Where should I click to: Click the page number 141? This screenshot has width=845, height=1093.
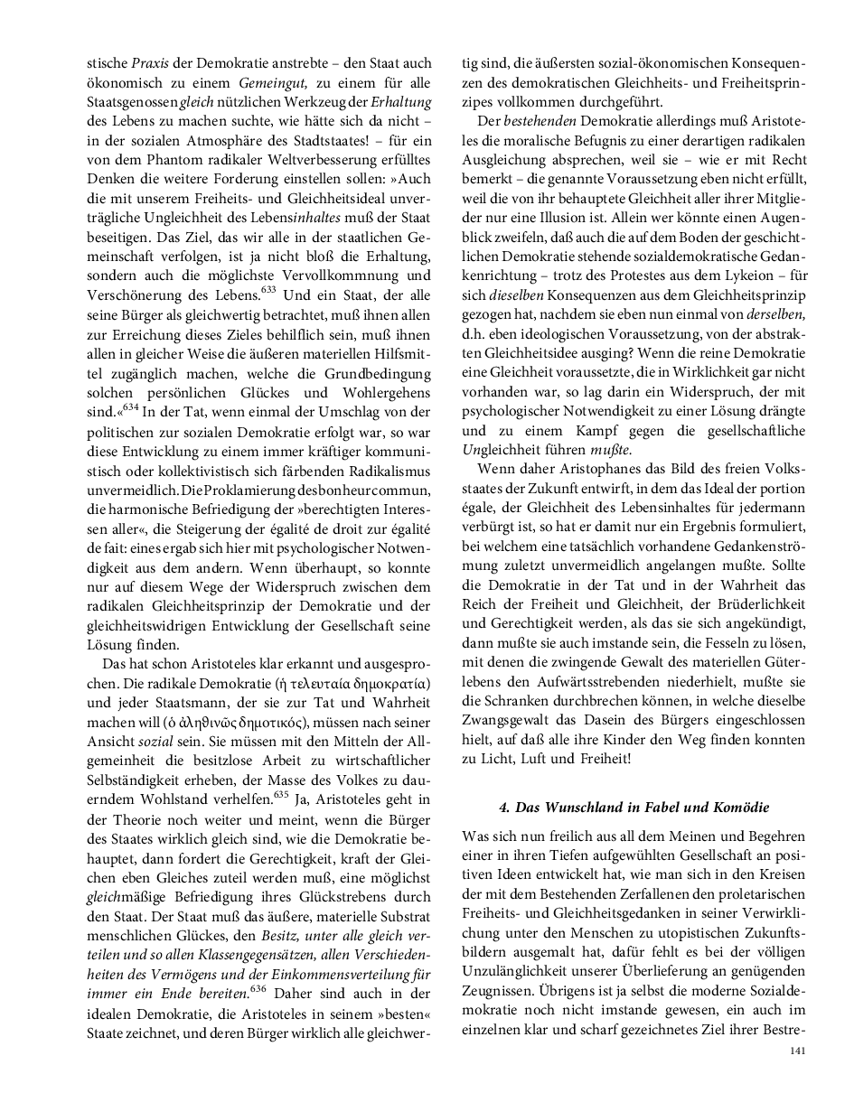point(797,1050)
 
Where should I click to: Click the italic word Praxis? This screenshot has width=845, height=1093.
point(150,64)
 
